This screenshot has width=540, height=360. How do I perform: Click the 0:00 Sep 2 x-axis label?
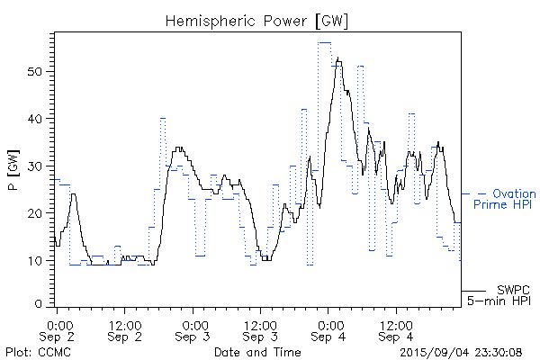(x=58, y=329)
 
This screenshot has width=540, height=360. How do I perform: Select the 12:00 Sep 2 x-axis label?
(x=124, y=329)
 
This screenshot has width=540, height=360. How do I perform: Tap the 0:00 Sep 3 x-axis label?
(x=193, y=329)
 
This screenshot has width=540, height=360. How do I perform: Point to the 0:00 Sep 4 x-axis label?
(x=328, y=329)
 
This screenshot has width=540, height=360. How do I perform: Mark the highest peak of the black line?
(x=337, y=58)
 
